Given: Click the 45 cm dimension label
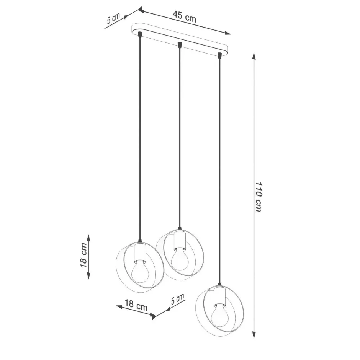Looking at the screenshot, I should (184, 16).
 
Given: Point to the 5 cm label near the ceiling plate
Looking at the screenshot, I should (113, 19).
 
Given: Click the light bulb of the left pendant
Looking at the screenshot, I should (139, 270).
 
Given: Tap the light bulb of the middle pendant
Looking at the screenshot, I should (178, 259).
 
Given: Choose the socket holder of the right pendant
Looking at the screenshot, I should (219, 296).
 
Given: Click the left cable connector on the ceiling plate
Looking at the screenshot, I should (140, 35).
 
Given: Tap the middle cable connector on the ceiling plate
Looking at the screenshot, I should (179, 45).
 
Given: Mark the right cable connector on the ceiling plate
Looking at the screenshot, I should (219, 55).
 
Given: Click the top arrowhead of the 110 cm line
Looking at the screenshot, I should (254, 56).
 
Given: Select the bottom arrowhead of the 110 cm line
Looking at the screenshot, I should (254, 335).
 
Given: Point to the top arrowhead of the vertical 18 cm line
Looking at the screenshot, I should (89, 237).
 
